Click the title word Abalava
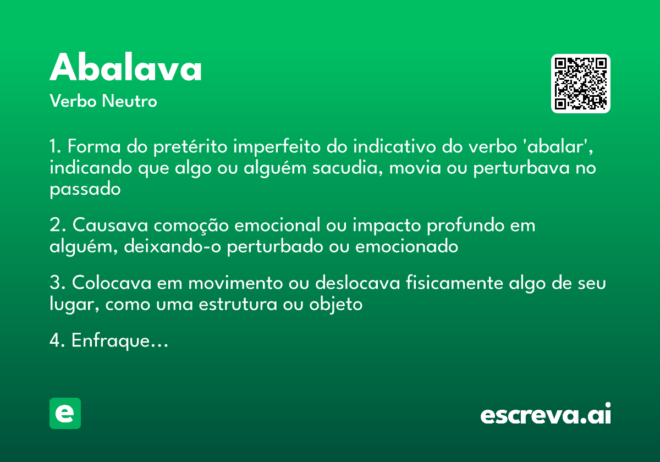tap(126, 69)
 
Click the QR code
tap(581, 84)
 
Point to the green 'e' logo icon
tap(65, 413)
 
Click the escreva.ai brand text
tap(546, 415)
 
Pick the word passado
tap(85, 189)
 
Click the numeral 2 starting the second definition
tap(54, 226)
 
